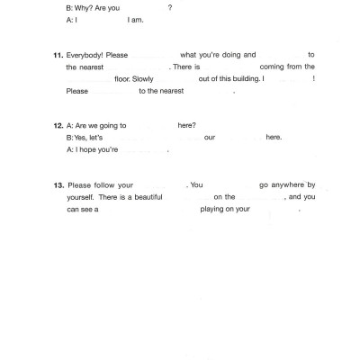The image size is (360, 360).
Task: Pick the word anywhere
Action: [x=286, y=184]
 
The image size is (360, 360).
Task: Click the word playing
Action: [x=216, y=210]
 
